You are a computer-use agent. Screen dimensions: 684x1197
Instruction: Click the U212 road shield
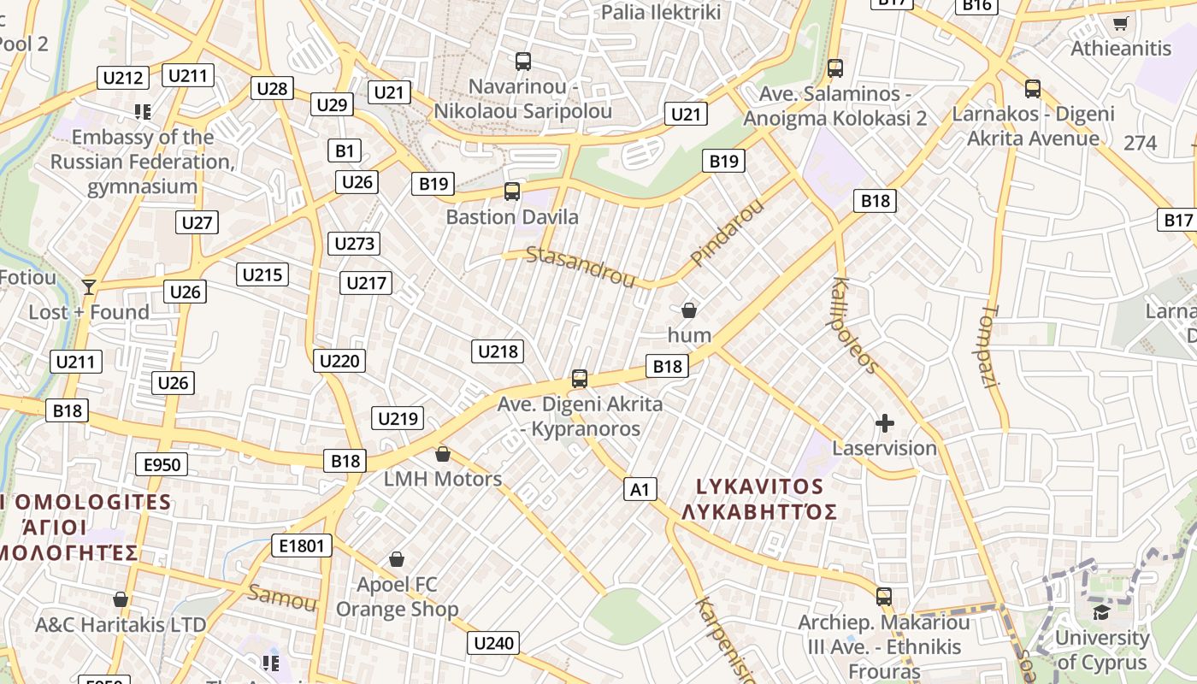click(x=122, y=79)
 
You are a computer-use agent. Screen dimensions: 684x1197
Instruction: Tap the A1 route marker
click(x=640, y=489)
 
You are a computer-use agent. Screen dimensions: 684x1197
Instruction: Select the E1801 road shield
click(x=301, y=545)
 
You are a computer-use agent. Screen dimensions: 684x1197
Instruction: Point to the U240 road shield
click(x=493, y=643)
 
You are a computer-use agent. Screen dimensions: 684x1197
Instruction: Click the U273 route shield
click(x=354, y=244)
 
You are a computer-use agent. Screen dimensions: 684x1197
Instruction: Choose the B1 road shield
click(x=344, y=151)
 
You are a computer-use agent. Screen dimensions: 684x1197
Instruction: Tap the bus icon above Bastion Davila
click(x=512, y=192)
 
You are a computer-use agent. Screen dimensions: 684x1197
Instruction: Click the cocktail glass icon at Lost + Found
click(x=88, y=286)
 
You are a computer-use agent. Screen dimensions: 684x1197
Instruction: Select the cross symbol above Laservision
click(x=884, y=422)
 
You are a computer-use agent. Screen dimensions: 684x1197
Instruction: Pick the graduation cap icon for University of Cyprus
click(x=1101, y=612)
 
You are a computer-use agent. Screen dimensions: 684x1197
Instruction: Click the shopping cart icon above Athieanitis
click(x=1120, y=23)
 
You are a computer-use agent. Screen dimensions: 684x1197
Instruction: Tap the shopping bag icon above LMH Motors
click(x=442, y=453)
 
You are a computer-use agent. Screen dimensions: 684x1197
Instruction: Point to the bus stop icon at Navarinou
click(x=522, y=62)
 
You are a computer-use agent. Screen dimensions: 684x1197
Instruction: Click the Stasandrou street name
click(x=581, y=267)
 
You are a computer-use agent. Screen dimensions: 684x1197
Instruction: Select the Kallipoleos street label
click(x=853, y=326)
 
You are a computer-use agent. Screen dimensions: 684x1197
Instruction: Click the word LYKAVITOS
click(x=759, y=486)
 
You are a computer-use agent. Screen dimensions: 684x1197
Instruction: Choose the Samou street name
click(x=281, y=597)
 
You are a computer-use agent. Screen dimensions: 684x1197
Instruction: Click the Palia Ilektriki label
click(x=661, y=12)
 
